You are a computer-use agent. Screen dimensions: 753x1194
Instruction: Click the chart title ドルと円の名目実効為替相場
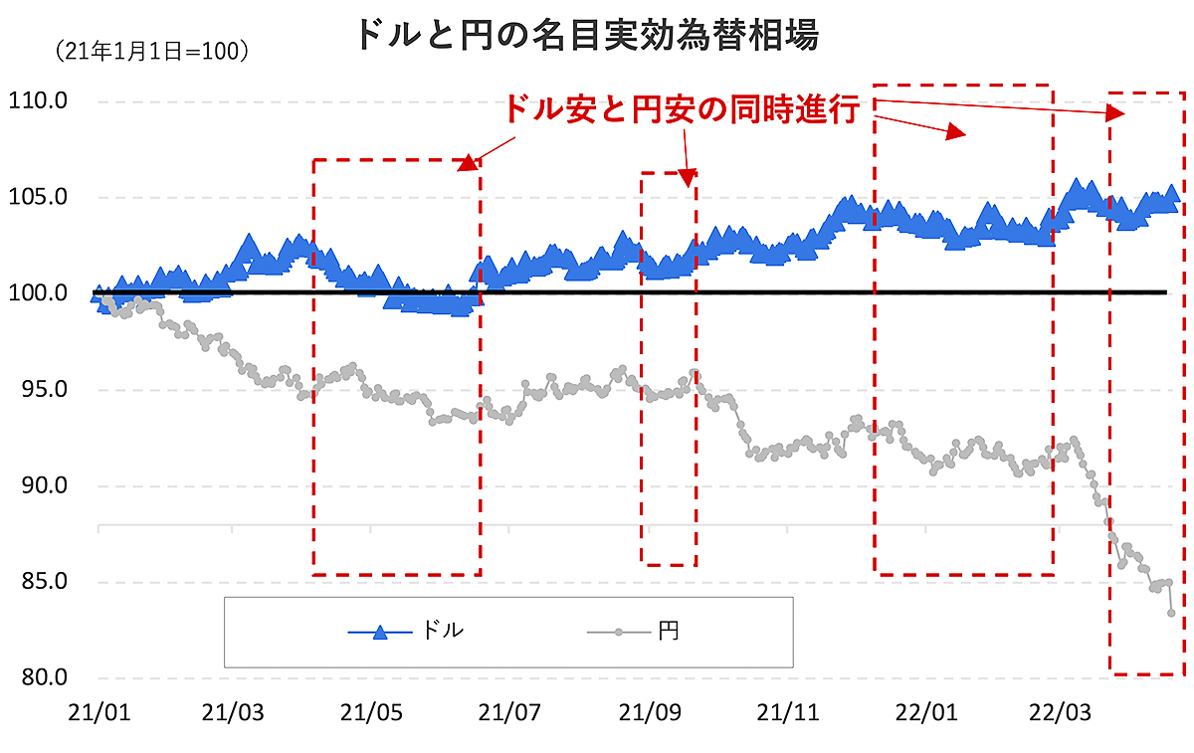587,37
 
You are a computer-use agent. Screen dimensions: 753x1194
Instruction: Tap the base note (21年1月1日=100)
151,51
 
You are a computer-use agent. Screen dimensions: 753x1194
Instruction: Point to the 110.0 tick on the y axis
37,100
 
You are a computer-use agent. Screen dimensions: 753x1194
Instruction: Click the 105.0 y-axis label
37,197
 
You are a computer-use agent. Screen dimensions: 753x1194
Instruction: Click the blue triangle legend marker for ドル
379,631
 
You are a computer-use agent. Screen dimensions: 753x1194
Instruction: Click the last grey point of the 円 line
1172,613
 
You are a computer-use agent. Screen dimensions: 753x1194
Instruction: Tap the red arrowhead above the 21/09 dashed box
688,178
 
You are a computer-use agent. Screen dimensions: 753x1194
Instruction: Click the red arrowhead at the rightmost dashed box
1116,113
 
